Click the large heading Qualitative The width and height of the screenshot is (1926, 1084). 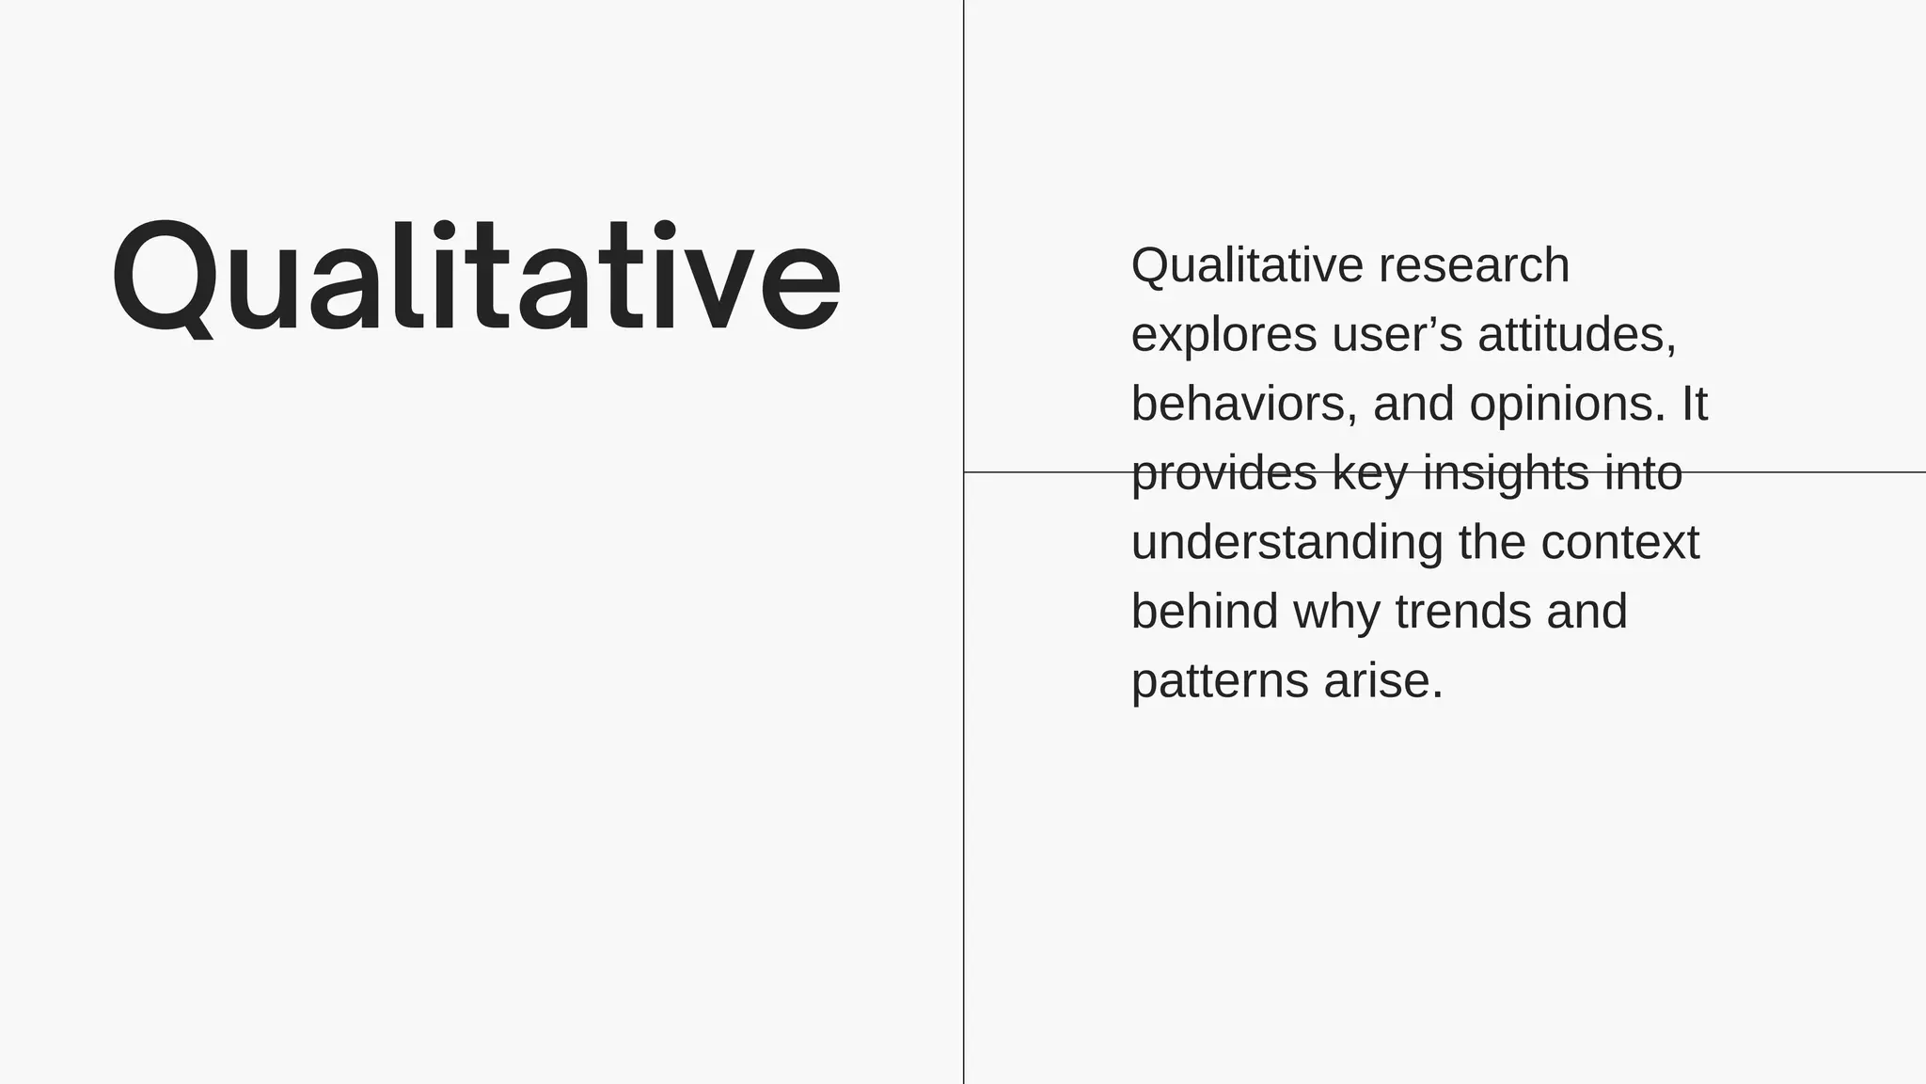coord(476,277)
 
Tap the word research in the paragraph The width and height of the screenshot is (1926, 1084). coord(1474,265)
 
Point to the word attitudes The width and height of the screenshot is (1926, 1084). coord(1576,335)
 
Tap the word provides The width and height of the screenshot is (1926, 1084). coord(1223,473)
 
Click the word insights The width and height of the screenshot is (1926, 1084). coord(1505,473)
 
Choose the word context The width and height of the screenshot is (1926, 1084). coord(1619,543)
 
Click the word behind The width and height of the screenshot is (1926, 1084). coord(1205,612)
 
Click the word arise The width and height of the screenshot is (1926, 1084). coord(1382,680)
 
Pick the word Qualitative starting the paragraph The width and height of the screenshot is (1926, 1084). coord(1247,265)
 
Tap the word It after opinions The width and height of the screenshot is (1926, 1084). coord(1694,404)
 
